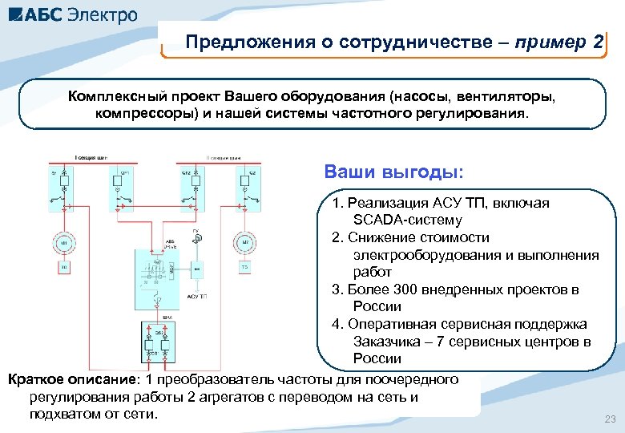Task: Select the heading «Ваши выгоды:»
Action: [393, 172]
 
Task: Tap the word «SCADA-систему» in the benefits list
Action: [407, 220]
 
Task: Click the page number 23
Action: [610, 419]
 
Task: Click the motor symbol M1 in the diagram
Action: [64, 242]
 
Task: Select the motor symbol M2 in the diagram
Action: [245, 242]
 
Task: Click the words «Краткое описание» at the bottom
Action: [63, 378]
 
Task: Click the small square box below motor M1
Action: [64, 266]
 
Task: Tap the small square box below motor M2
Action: [245, 266]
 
